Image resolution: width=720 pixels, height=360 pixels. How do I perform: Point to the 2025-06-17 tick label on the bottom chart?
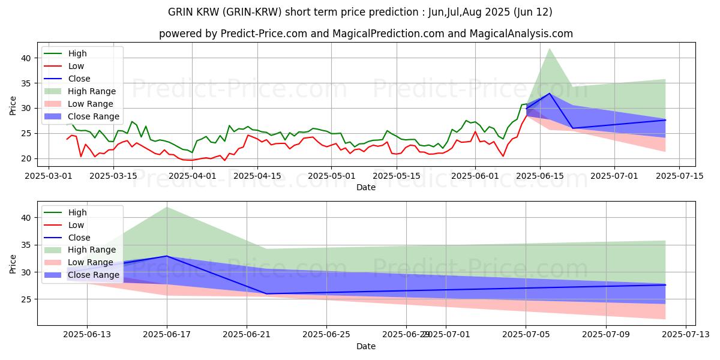click(167, 335)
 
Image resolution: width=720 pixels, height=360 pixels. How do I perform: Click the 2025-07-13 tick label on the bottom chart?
click(685, 335)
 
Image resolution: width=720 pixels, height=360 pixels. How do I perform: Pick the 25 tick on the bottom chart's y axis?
click(28, 299)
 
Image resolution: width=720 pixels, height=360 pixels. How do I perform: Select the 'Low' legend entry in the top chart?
click(76, 66)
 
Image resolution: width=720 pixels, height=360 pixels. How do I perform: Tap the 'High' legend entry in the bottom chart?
click(77, 212)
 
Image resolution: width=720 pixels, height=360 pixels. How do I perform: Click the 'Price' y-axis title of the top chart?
click(13, 106)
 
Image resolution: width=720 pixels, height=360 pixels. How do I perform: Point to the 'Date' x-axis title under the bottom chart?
click(366, 346)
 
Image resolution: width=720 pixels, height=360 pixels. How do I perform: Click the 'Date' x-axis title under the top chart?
click(366, 187)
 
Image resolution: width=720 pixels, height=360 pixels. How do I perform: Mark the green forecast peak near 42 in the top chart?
click(550, 49)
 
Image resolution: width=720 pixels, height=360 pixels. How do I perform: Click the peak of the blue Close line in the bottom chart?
click(167, 256)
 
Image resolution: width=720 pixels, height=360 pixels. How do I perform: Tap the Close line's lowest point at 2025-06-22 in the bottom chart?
click(266, 293)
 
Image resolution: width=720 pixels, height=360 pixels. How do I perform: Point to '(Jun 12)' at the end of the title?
click(532, 12)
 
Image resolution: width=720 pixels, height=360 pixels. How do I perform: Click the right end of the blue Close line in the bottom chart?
click(665, 285)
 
